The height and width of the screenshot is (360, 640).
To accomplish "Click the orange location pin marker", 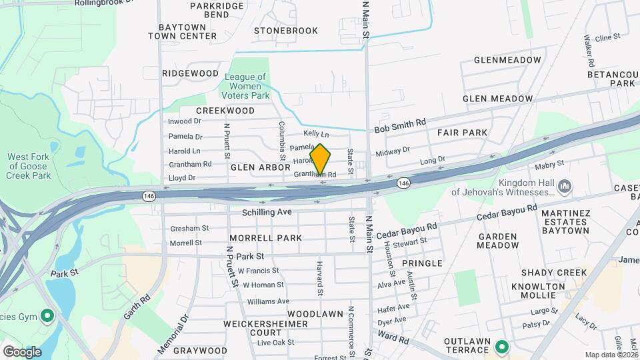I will tap(320, 159).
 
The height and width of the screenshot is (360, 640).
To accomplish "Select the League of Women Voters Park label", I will tap(247, 86).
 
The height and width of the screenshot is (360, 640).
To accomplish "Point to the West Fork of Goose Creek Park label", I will tap(29, 166).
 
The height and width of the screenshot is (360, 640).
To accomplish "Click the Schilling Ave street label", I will tap(267, 211).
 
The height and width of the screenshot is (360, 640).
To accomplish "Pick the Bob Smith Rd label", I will tap(399, 125).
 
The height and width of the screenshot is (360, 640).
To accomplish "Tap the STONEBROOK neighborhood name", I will tap(286, 31).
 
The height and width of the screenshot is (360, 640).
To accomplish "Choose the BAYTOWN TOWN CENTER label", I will tap(183, 31).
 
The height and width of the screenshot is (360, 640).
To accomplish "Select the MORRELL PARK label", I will tap(265, 238).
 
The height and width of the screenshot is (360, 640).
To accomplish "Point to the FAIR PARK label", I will tap(463, 133).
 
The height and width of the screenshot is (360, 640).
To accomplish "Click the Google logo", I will tap(22, 352).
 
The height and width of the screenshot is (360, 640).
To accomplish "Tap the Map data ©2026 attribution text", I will tap(611, 355).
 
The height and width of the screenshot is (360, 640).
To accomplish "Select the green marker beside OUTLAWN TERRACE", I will tap(501, 346).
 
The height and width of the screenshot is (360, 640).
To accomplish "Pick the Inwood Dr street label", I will tap(185, 121).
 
